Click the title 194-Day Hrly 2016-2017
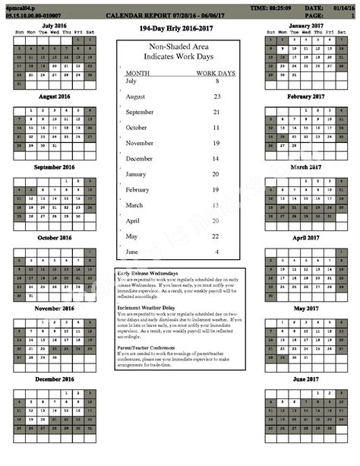click(x=176, y=28)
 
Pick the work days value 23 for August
click(x=217, y=97)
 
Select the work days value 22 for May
click(x=217, y=236)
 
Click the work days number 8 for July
click(x=217, y=81)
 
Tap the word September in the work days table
click(x=140, y=112)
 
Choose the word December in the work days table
click(x=139, y=158)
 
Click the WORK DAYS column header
click(x=216, y=72)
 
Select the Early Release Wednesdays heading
click(x=148, y=273)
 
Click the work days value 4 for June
click(x=217, y=252)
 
